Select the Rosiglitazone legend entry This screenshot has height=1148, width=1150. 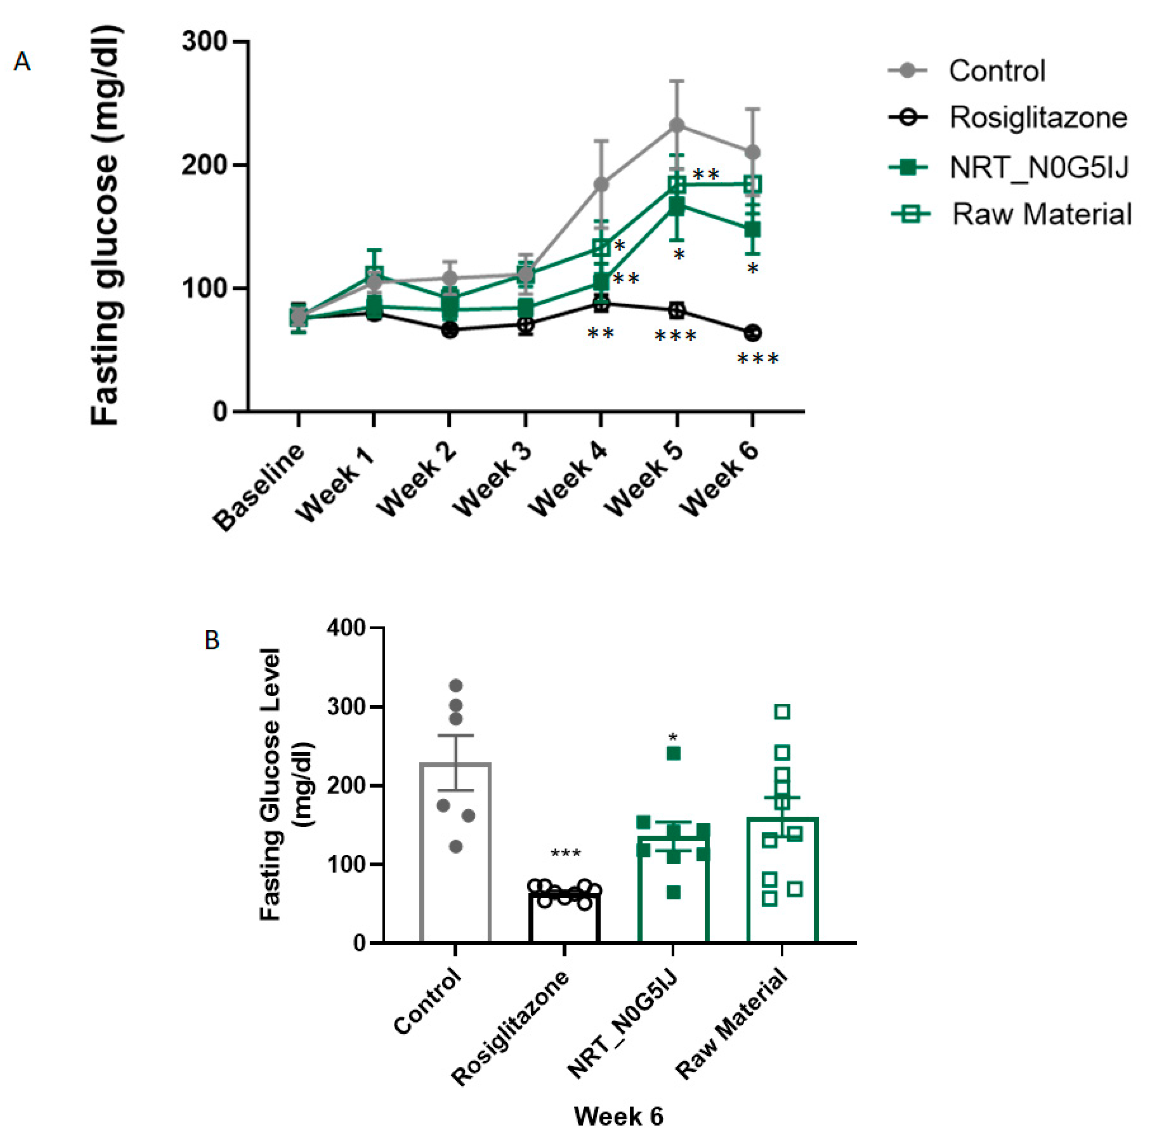[x=1037, y=118]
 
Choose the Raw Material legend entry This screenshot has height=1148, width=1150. [x=1042, y=214]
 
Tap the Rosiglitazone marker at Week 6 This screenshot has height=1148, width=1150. [x=752, y=333]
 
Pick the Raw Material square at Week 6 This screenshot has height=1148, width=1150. [x=752, y=184]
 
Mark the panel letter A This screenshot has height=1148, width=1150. [x=22, y=61]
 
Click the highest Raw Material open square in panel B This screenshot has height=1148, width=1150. [x=782, y=712]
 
